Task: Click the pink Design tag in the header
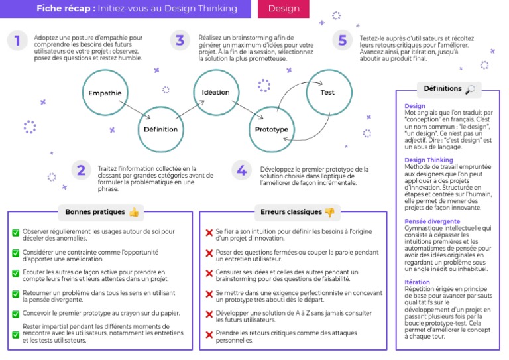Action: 284,9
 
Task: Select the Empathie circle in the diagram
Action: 105,93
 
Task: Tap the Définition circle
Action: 160,129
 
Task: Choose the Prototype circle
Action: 271,129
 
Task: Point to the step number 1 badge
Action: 17,41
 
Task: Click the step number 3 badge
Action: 180,41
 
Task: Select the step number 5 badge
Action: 342,41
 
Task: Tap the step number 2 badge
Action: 80,171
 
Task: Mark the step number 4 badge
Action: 241,171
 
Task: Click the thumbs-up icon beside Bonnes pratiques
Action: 134,212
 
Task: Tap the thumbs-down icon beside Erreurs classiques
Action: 329,212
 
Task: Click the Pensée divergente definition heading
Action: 432,221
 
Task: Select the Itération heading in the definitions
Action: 417,282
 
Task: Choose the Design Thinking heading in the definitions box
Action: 429,160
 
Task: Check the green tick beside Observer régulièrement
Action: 15,233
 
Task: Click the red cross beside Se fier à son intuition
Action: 209,233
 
